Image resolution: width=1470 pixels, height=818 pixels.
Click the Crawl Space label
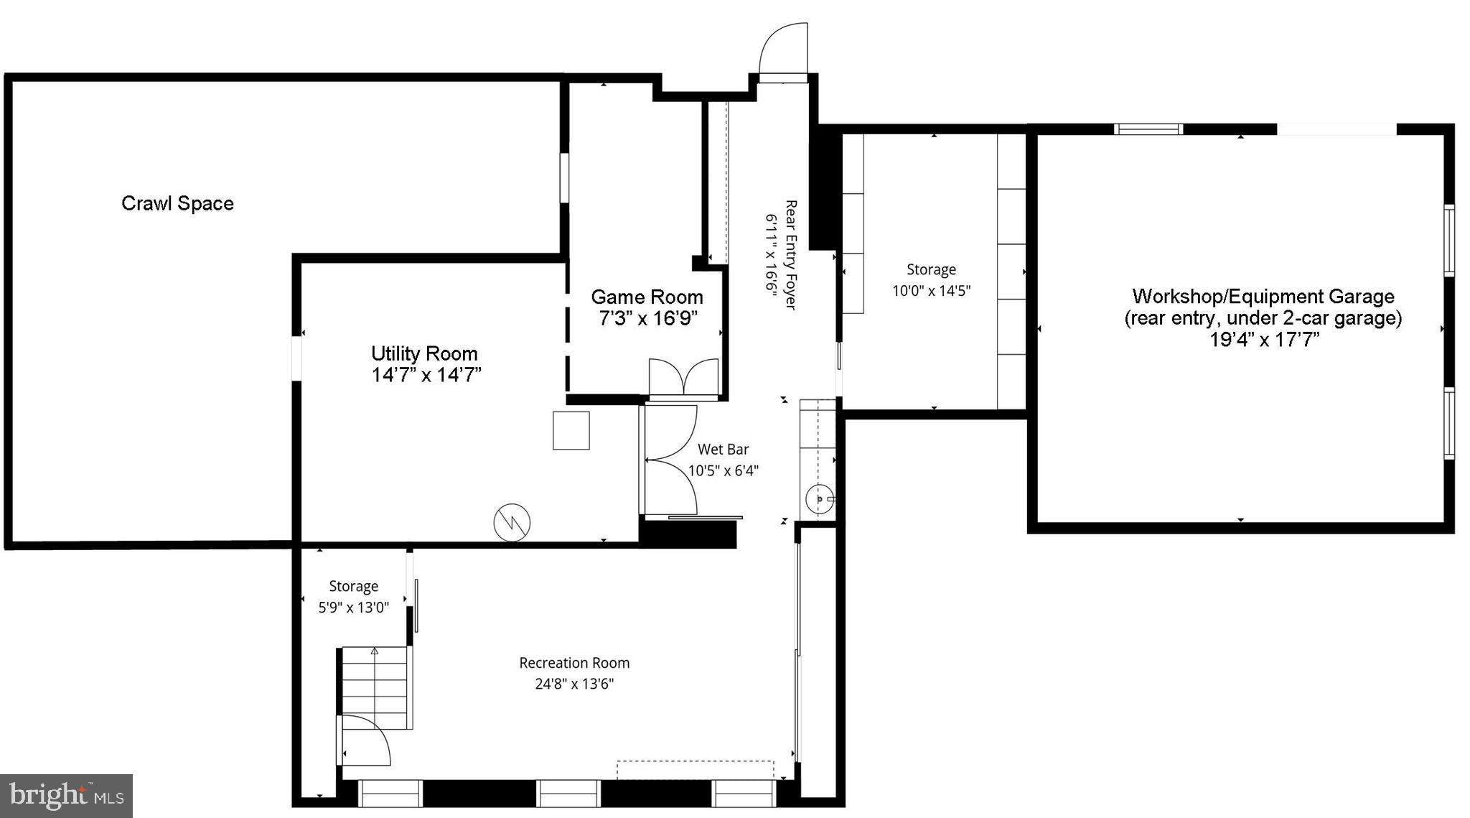pos(177,203)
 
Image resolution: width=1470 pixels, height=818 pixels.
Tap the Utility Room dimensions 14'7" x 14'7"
pos(426,375)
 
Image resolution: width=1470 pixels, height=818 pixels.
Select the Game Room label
pos(646,297)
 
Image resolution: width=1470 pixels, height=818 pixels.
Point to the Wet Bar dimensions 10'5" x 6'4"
pos(723,470)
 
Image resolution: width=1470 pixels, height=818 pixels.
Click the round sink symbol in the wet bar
pos(819,498)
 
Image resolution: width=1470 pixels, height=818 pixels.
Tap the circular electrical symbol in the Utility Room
pos(512,522)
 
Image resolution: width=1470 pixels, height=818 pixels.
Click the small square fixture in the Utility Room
pos(571,430)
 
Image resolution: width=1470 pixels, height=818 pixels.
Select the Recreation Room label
pos(574,663)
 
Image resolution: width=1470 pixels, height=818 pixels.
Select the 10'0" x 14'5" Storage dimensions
pos(931,291)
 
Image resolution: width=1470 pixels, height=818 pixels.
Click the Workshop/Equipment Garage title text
pos(1263,296)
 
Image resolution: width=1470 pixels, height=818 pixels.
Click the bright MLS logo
pos(66,796)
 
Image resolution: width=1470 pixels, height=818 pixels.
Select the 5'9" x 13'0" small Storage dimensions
pos(353,608)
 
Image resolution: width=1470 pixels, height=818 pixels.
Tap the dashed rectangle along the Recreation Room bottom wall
pos(695,769)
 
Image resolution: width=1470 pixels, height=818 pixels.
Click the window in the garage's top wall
pos(1148,129)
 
